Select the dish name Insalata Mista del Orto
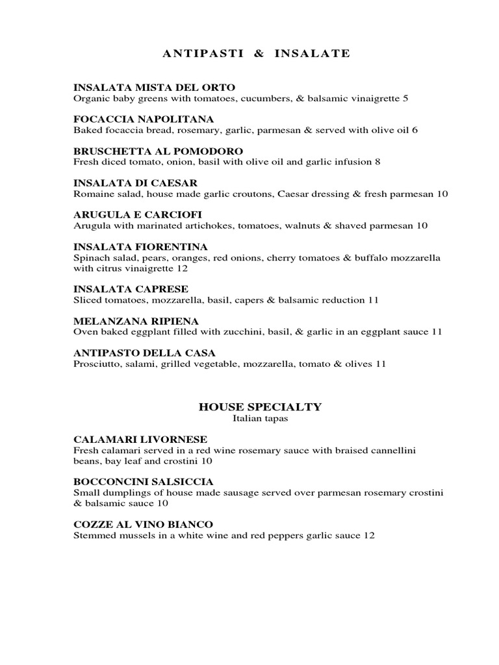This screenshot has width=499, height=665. (154, 87)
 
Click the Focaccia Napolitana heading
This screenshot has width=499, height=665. (144, 119)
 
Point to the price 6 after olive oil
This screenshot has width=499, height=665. (415, 130)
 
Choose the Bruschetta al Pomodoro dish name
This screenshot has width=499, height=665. (159, 151)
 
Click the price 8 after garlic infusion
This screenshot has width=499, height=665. (377, 162)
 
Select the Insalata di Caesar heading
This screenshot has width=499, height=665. (136, 183)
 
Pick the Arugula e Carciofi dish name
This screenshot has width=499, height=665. (142, 215)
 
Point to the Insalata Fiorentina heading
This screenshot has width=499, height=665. (141, 247)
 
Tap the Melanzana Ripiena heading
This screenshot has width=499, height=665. (136, 321)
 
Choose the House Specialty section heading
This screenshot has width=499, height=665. (260, 407)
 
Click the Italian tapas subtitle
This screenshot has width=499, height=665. (260, 419)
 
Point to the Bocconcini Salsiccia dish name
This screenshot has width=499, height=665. (144, 482)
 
